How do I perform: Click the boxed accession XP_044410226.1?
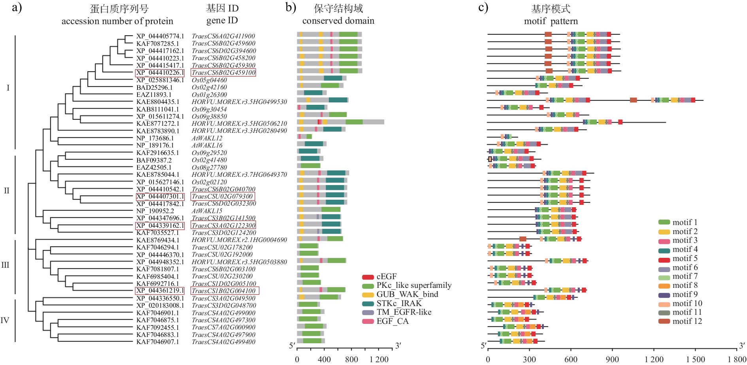[160, 73]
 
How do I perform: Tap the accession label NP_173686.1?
[155, 138]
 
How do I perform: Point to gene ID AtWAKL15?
[207, 211]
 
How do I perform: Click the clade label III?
[5, 265]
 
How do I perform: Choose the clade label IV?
[5, 320]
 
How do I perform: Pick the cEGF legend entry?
[386, 277]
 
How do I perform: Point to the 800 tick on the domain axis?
[351, 359]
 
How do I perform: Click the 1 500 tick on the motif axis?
[695, 359]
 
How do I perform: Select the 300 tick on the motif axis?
[529, 359]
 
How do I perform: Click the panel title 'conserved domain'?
[338, 21]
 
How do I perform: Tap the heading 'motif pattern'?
[551, 21]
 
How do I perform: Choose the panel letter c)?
[483, 8]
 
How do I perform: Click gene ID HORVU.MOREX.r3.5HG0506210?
[239, 124]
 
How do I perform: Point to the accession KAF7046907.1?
[158, 342]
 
